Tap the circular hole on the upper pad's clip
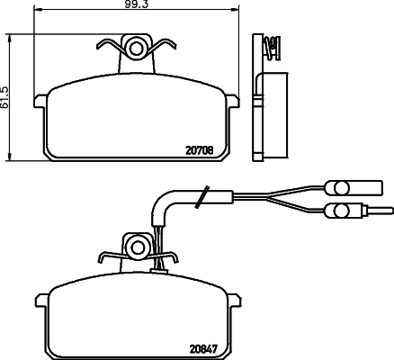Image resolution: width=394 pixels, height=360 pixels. tap(138, 47)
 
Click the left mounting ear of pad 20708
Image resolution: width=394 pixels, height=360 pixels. tap(40, 101)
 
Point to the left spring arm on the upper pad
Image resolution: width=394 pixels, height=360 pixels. tap(109, 47)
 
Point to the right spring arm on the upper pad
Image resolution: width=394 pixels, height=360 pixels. tap(166, 47)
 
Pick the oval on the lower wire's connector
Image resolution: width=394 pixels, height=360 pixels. tap(340, 211)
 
